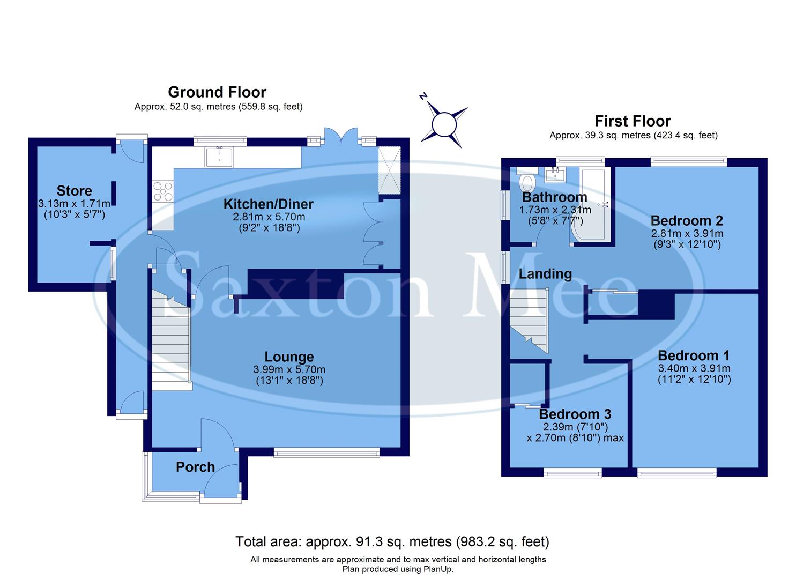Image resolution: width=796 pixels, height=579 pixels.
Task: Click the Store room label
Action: (x=74, y=191)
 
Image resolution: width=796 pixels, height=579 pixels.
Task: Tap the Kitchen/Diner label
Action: (x=268, y=204)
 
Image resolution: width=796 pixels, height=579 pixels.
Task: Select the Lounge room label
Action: (x=289, y=357)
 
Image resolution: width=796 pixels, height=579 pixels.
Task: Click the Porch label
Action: (x=195, y=467)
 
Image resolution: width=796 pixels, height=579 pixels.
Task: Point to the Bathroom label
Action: (x=554, y=197)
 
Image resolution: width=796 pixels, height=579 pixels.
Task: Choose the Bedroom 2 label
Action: (x=687, y=220)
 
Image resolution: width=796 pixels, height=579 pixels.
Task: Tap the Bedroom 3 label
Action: (x=575, y=414)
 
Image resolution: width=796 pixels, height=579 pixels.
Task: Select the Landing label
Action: (x=545, y=274)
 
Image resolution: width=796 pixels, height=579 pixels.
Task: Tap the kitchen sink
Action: (x=219, y=157)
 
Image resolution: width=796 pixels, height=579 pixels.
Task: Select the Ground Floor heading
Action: (x=217, y=92)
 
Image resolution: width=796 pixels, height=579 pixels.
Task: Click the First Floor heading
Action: (x=633, y=121)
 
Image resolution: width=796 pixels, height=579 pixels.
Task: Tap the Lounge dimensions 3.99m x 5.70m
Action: (x=289, y=370)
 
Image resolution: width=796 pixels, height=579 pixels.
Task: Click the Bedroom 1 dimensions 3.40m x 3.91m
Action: (x=694, y=368)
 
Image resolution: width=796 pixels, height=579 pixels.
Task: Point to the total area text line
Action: (x=392, y=542)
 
